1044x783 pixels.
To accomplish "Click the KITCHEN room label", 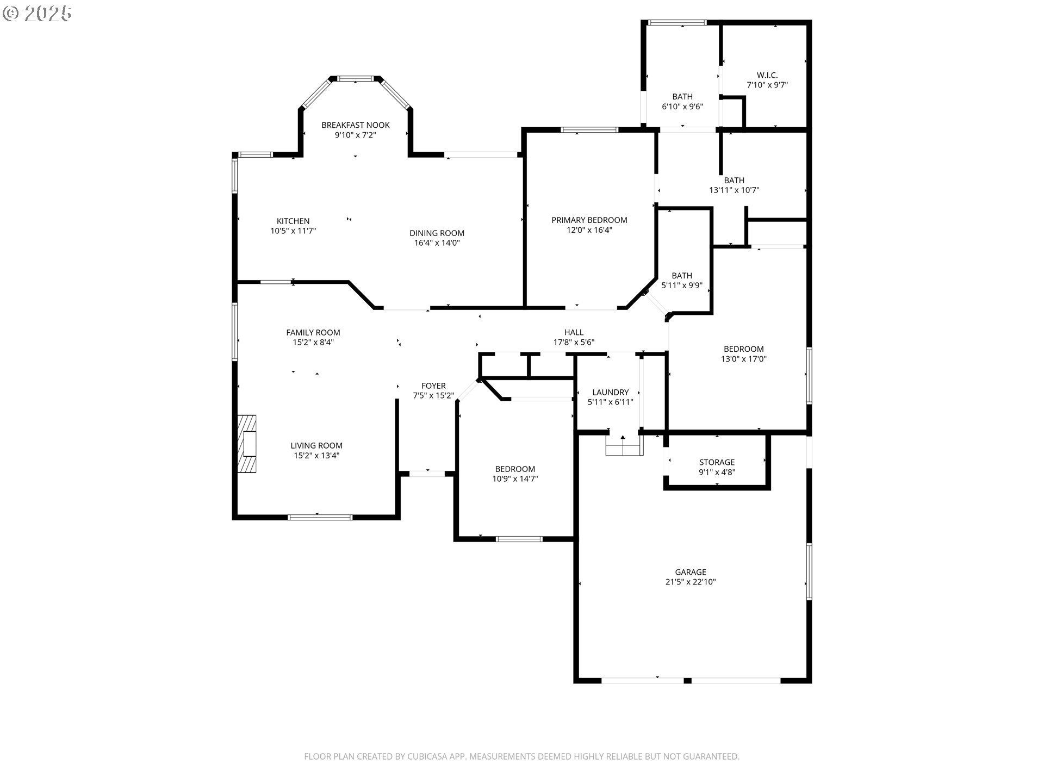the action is [293, 221].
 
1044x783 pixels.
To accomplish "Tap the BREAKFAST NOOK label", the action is [356, 125].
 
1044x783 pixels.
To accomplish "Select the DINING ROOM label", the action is [437, 233].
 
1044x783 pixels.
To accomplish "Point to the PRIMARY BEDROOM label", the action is [589, 220].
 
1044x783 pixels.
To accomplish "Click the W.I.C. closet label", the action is [767, 75].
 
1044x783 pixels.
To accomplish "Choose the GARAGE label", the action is [691, 572].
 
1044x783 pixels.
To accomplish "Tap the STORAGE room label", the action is [717, 462].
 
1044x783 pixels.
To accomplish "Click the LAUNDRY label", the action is [611, 392].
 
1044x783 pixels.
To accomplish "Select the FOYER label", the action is [433, 386].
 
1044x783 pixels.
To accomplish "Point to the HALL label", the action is [574, 332].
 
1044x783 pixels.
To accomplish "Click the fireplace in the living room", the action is [247, 444].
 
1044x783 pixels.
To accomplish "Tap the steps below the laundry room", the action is [624, 446].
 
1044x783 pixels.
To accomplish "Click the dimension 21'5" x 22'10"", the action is [691, 582].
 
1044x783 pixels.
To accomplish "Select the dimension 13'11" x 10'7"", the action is [734, 190].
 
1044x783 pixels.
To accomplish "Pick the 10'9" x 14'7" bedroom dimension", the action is [515, 479].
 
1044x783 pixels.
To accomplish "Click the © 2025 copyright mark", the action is [37, 14].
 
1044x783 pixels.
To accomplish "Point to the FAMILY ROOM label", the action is [313, 333].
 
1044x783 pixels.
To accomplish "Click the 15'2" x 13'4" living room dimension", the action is [316, 456].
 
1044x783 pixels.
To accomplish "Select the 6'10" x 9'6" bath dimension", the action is [682, 107].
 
